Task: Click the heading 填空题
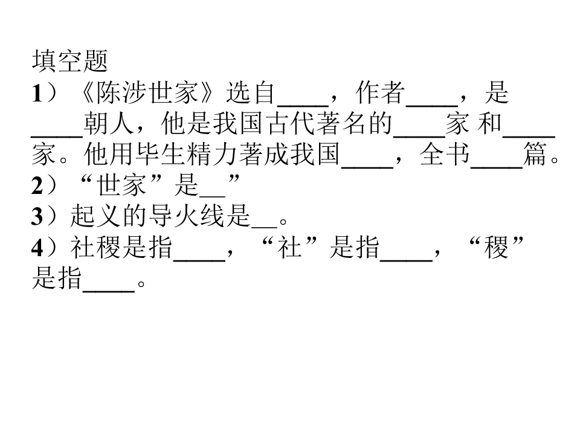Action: point(70,61)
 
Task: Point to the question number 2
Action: point(37,185)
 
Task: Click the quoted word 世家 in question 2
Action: point(121,185)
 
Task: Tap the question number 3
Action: point(37,217)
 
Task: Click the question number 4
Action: point(37,248)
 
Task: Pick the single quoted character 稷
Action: point(497,248)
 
